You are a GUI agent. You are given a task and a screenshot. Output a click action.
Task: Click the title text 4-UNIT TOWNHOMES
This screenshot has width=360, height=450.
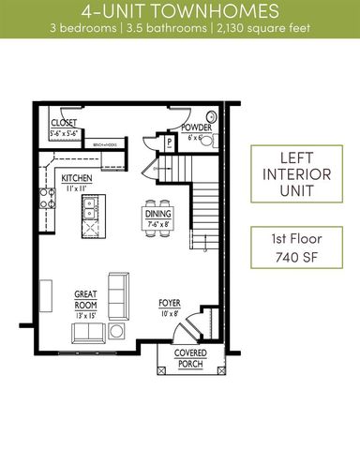tap(179, 11)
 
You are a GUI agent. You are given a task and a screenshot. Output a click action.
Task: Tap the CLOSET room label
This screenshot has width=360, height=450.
tap(63, 122)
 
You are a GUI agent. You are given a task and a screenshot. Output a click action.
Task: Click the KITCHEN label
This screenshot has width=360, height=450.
tap(75, 178)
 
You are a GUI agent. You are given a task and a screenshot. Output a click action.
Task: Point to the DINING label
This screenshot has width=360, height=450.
tap(157, 214)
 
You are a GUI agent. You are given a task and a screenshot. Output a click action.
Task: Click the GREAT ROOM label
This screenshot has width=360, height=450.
tap(86, 298)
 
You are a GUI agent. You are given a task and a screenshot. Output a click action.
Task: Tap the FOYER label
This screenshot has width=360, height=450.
tap(170, 304)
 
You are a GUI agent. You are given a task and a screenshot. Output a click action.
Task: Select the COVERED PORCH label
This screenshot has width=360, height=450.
tap(190, 357)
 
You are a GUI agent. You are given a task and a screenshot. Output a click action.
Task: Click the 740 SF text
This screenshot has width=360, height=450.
tap(293, 256)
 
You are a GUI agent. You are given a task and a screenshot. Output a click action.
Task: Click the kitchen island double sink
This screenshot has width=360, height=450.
tap(90, 215)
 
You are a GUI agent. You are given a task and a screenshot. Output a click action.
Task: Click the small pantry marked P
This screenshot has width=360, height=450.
tap(170, 143)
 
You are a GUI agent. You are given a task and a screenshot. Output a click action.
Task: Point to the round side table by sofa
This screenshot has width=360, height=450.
tap(117, 331)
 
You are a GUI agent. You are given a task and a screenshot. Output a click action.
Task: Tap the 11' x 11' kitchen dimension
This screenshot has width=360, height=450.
tap(75, 189)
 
